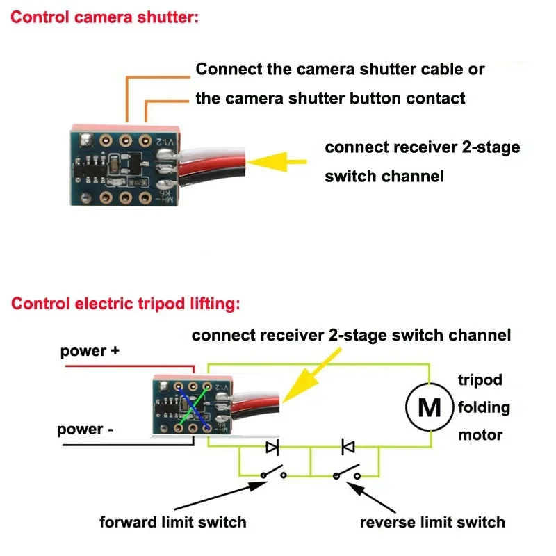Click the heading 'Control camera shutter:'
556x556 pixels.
[105, 17]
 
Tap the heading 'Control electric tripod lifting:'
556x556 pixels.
[126, 304]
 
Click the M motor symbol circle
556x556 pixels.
[430, 407]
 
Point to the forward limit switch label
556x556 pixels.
[172, 523]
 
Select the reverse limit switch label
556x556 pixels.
[432, 523]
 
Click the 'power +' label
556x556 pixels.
[90, 351]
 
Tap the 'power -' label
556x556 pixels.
[85, 430]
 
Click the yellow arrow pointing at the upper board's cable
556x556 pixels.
[277, 162]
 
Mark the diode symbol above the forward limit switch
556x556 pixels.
[272, 447]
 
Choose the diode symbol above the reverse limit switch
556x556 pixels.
[348, 447]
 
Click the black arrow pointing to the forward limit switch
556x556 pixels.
[220, 496]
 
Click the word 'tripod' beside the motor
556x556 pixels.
[480, 380]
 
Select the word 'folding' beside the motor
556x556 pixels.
[484, 407]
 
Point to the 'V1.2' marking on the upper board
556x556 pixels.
[165, 142]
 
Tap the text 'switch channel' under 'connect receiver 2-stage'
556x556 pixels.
[384, 177]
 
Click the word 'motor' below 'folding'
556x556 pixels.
[480, 435]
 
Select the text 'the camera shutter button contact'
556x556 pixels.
[330, 98]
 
